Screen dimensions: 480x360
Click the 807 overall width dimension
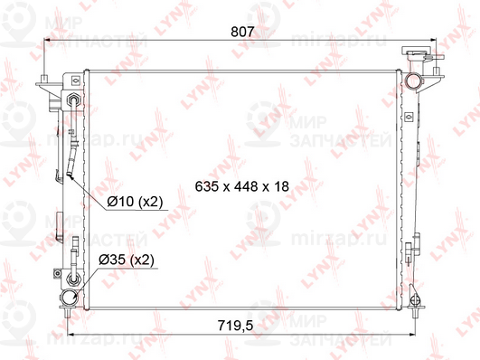coord(242,32)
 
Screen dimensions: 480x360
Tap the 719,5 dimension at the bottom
coord(235,326)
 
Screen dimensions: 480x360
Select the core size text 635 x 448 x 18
coord(242,186)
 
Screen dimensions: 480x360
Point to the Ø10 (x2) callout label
coord(135,202)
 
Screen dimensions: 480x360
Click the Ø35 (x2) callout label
coord(127,261)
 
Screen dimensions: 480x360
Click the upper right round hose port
coord(412,81)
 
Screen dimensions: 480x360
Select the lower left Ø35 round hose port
coord(69,297)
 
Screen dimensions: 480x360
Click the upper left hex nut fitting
coord(74,99)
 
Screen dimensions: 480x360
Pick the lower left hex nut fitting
coord(73,279)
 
